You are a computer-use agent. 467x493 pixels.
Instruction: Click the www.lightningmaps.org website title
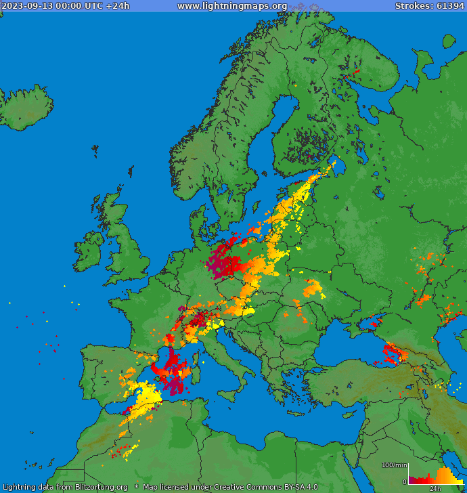point(232,6)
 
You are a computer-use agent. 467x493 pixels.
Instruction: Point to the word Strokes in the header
point(412,6)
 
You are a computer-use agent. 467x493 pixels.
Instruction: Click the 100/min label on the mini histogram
point(394,465)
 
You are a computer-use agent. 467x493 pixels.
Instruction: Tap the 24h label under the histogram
point(435,488)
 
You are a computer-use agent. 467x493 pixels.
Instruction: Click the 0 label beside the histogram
point(404,481)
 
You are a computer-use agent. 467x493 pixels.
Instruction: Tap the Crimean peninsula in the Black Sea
point(352,324)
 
